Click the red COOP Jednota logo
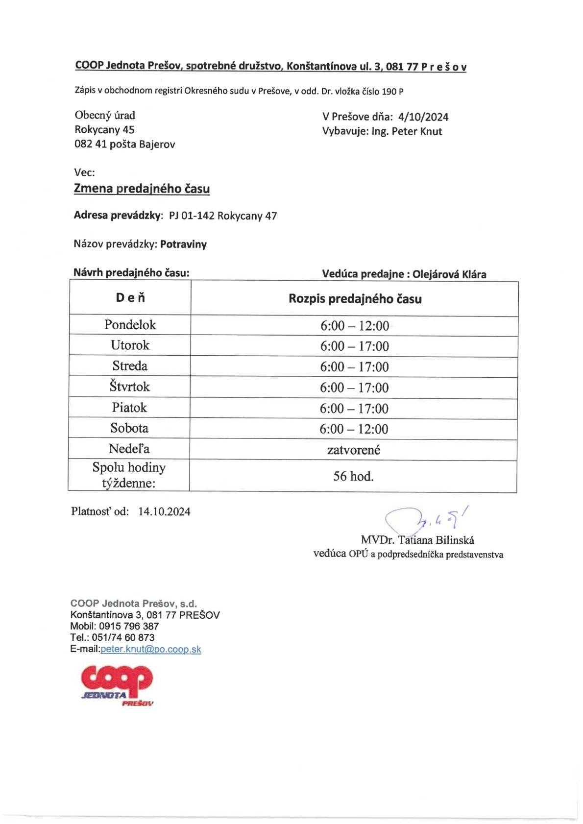pos(118,684)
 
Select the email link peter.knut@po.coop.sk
pos(150,649)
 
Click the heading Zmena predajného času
pos(142,189)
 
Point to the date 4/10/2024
pos(423,117)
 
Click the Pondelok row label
pos(130,325)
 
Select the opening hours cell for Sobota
pos(354,429)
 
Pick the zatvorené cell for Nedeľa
pos(354,450)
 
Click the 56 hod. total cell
pos(354,476)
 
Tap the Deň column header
pos(130,298)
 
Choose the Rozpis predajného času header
pos(355,299)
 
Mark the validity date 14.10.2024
pos(164,511)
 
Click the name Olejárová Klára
pos(449,274)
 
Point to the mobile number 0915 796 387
pos(128,626)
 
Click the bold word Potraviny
pos(183,244)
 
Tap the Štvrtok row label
pos(130,387)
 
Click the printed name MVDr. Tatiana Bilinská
pos(417,540)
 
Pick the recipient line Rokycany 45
pos(104,130)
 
